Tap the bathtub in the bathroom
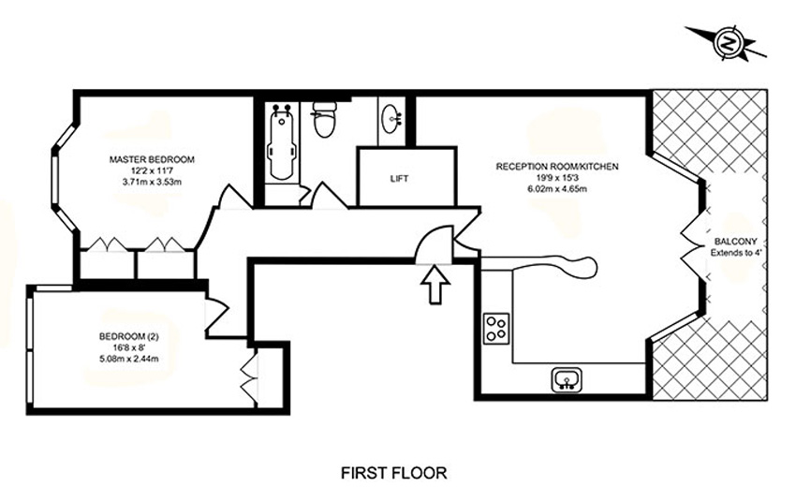pyautogui.click(x=282, y=142)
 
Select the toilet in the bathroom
pyautogui.click(x=324, y=119)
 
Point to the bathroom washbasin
pyautogui.click(x=391, y=118)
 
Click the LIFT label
pyautogui.click(x=399, y=179)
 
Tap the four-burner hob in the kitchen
pyautogui.click(x=496, y=328)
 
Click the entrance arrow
pyautogui.click(x=435, y=285)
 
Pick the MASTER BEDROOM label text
pyautogui.click(x=152, y=159)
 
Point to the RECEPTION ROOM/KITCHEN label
pyautogui.click(x=557, y=167)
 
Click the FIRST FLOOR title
pyautogui.click(x=394, y=473)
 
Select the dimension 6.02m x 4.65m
pyautogui.click(x=557, y=189)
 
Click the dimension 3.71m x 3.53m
pyautogui.click(x=152, y=182)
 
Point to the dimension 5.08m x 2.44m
pyautogui.click(x=129, y=359)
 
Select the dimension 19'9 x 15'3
pyautogui.click(x=557, y=178)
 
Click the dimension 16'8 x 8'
pyautogui.click(x=129, y=347)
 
